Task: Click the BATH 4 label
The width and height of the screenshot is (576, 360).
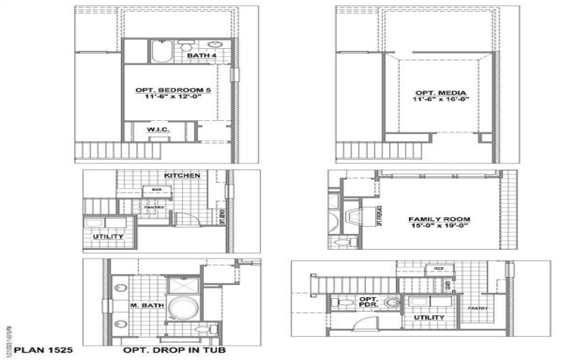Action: click(197, 55)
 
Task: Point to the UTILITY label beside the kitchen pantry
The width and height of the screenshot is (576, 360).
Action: click(107, 236)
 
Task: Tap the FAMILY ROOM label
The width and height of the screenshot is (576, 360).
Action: click(439, 219)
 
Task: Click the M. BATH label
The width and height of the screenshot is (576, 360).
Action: click(147, 306)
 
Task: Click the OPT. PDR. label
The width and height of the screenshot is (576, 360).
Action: click(369, 302)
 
